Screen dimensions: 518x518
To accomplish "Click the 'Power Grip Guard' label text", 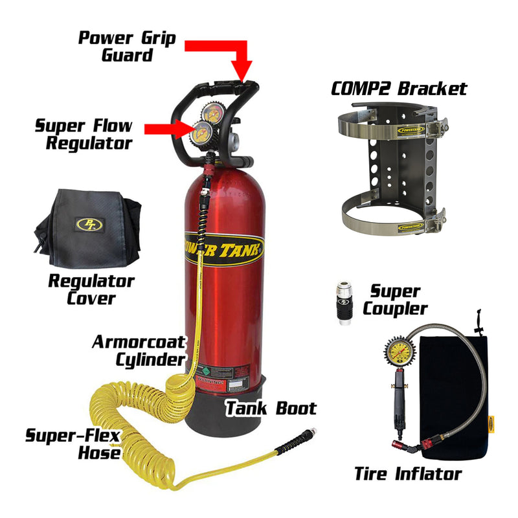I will tap(127, 45).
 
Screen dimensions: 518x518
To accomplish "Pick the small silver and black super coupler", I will tap(343, 303).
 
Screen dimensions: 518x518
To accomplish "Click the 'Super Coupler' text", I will tap(395, 300).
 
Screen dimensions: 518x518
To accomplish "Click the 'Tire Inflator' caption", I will tap(407, 473).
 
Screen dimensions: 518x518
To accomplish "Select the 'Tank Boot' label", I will tap(270, 408).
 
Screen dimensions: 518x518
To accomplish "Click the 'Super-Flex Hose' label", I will tap(73, 444).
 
